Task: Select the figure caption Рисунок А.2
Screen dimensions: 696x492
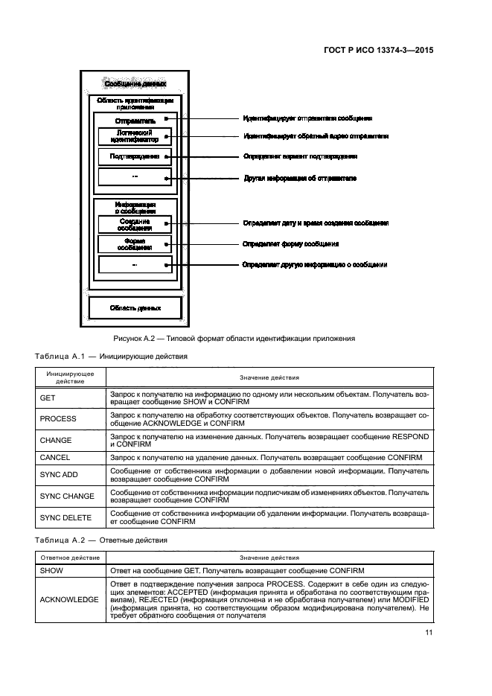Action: click(233, 339)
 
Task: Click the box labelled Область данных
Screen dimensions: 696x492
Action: click(135, 307)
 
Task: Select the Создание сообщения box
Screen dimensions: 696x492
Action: click(135, 223)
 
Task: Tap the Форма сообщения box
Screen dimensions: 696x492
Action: click(135, 243)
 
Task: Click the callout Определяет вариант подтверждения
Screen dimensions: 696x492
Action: click(300, 156)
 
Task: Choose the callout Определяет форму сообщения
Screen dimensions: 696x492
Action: click(291, 243)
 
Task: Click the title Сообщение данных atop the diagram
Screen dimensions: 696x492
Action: click(135, 84)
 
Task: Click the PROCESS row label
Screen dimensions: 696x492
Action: click(58, 419)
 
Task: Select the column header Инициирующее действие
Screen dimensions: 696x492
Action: click(66, 377)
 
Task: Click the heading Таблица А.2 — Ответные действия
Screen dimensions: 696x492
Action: click(101, 540)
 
